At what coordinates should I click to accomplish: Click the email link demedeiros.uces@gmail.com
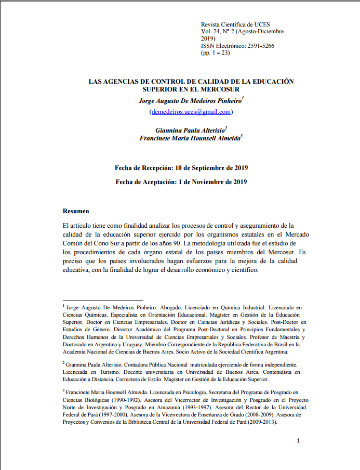[191, 112]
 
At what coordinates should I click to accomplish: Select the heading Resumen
[76, 211]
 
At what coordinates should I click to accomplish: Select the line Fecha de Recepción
[181, 168]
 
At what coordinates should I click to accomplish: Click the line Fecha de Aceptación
[181, 182]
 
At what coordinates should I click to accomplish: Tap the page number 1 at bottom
[298, 441]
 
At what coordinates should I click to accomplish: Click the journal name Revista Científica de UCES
[235, 24]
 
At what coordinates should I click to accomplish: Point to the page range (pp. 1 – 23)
[215, 53]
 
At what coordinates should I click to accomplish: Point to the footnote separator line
[103, 300]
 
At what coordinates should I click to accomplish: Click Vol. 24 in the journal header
[210, 32]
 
